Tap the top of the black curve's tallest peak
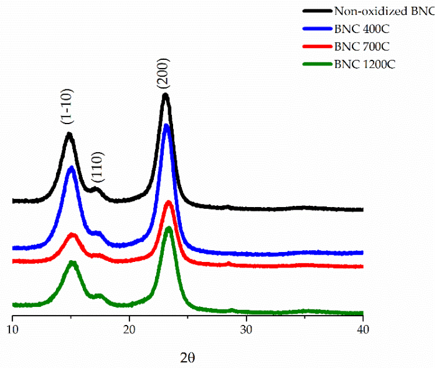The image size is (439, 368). coord(165,95)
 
